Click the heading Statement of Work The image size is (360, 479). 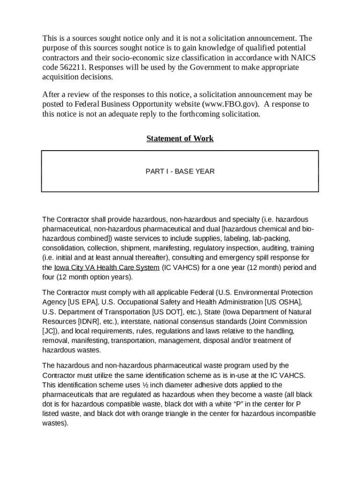180,138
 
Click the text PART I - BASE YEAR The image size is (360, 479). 180,171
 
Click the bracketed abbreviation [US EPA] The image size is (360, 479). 84,302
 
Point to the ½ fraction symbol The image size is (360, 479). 144,385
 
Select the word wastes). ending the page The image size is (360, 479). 55,423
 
